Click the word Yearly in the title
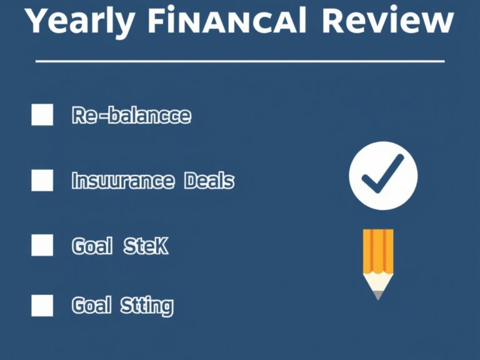[81, 22]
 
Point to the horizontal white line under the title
[240, 61]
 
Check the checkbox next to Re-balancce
[42, 116]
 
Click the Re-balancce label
[131, 116]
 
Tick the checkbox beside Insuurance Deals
[42, 181]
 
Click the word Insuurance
[122, 181]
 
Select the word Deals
[209, 181]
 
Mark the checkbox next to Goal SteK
[42, 245]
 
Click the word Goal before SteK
[92, 246]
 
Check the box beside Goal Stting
[42, 306]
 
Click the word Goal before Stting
[92, 306]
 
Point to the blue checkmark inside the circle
[382, 177]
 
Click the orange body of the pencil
[378, 250]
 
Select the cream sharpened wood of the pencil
[378, 282]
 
